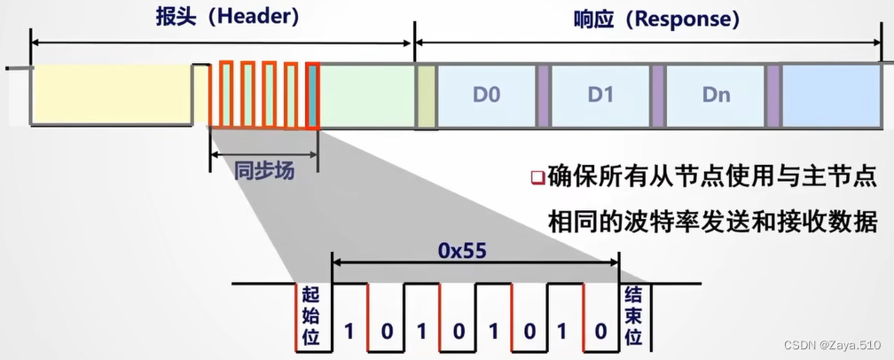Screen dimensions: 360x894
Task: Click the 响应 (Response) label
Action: [x=650, y=18]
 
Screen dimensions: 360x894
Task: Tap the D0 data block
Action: [x=487, y=94]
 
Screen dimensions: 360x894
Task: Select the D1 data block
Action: [x=600, y=94]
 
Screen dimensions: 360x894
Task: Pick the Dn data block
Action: [x=715, y=94]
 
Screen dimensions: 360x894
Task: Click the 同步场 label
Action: [x=263, y=169]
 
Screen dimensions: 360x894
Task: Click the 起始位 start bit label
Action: [x=310, y=316]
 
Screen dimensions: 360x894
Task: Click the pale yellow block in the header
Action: [x=113, y=94]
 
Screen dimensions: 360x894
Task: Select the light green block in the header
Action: [x=366, y=94]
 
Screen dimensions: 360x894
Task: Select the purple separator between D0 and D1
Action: [x=544, y=94]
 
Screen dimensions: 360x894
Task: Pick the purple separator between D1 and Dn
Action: [x=658, y=94]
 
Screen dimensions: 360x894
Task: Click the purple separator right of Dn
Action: [x=772, y=94]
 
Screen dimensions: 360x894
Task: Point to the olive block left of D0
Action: [x=426, y=94]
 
